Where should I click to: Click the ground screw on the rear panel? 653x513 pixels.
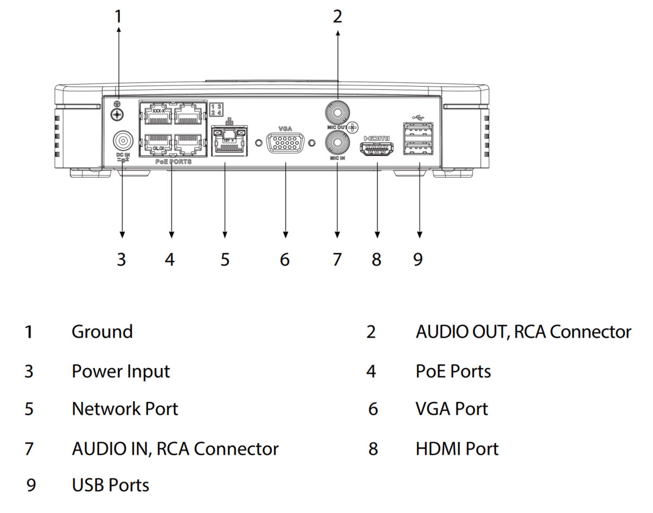116,114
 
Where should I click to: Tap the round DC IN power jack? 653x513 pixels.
122,142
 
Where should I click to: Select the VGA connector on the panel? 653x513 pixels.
285,144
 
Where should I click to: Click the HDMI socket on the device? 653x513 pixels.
377,148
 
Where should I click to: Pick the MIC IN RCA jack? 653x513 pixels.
337,144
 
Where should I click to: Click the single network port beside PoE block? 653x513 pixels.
228,140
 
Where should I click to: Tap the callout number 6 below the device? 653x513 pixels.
285,259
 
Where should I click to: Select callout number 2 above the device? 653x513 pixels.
338,17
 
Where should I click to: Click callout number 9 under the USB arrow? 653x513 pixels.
418,259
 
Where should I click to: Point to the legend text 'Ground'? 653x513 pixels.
102,332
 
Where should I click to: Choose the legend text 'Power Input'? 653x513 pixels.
121,371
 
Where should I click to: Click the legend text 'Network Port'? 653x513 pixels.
125,408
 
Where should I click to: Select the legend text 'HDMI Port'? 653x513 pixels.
457,449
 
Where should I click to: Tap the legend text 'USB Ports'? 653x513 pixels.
110,485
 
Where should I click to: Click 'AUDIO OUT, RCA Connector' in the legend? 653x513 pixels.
523,332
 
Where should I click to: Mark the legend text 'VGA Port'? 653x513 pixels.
452,408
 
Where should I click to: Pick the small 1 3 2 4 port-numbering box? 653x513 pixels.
216,108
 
